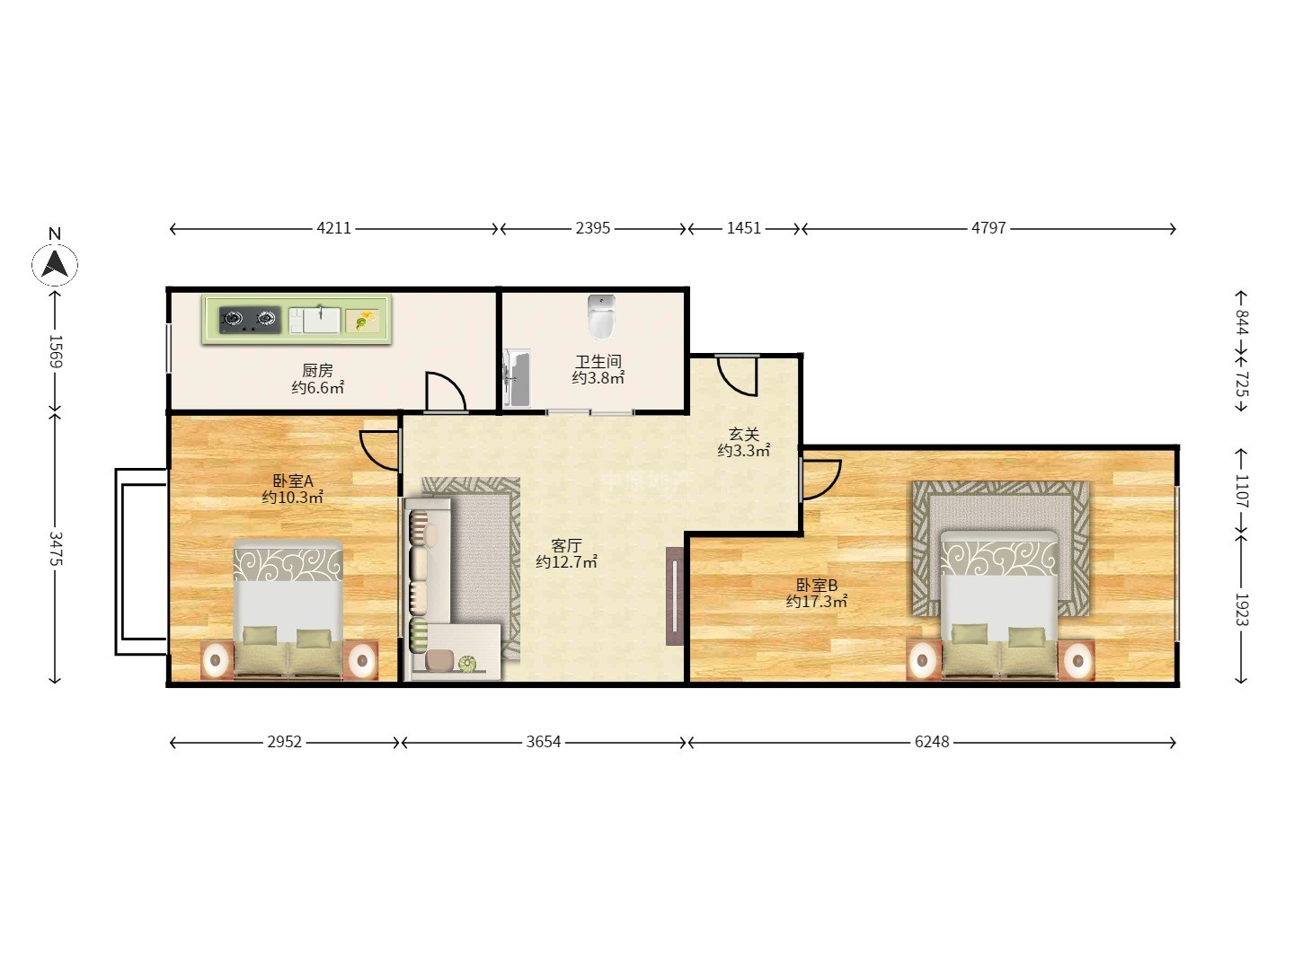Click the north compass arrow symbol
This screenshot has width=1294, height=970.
tap(55, 263)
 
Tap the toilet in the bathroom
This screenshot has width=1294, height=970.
tap(601, 317)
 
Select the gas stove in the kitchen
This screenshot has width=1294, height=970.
tap(250, 320)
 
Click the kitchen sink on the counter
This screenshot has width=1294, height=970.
tap(315, 320)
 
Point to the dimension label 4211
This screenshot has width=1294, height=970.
tap(333, 228)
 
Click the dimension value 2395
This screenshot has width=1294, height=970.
tap(592, 228)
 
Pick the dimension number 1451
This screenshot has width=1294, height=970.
tap(743, 228)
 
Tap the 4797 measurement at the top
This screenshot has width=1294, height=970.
tap(988, 228)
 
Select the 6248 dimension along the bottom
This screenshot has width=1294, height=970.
tap(932, 742)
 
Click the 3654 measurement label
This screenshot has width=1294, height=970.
tap(543, 742)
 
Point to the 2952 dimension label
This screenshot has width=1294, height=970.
tap(284, 742)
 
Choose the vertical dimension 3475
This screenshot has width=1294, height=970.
tap(56, 548)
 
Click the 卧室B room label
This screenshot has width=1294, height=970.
tap(817, 585)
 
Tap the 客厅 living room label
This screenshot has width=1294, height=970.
tap(566, 545)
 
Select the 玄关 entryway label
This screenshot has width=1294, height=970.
tap(743, 434)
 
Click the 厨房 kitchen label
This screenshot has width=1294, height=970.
tap(317, 370)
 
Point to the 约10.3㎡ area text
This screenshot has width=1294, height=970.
tap(292, 498)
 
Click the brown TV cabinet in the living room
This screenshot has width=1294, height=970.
tap(675, 596)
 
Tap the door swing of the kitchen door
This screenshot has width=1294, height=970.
tap(446, 392)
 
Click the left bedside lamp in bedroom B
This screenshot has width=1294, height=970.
tap(923, 660)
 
